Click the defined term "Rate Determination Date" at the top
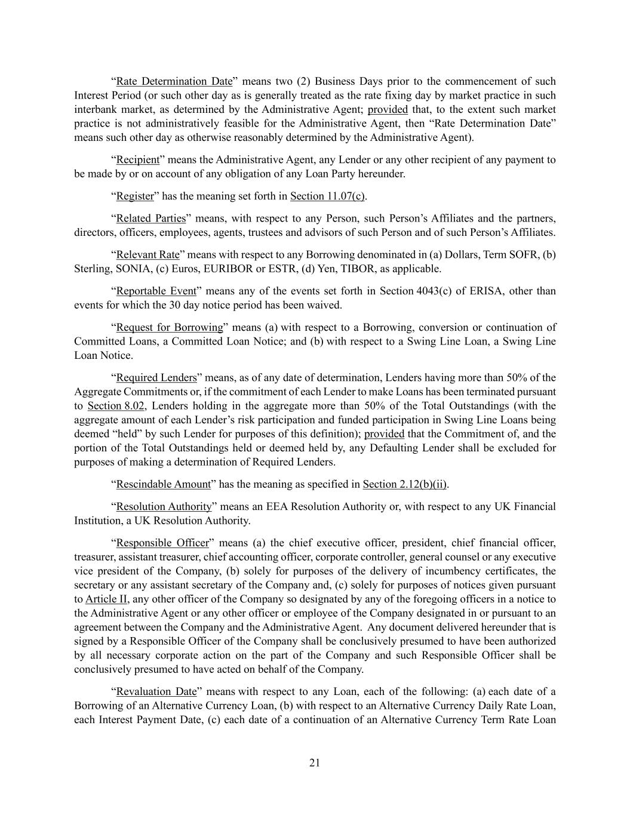coord(174,81)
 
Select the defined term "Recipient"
coord(137,160)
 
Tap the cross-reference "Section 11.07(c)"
coord(328,196)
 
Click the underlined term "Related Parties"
coord(150,219)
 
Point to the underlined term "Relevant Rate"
coord(147,255)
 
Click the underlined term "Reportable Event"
coord(156,291)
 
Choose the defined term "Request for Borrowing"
coord(169,328)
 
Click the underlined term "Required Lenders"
coord(156,378)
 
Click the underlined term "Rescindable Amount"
coord(163,484)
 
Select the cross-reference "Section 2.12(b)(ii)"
coord(405,484)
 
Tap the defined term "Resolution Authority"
coord(164,507)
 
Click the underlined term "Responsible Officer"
coord(162,543)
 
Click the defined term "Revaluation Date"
coord(156,692)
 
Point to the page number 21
coord(315,762)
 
